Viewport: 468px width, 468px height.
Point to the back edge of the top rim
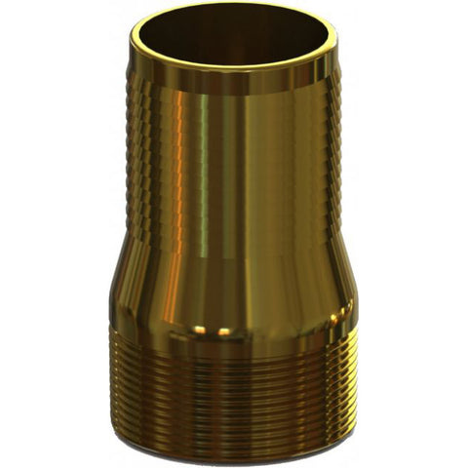234,8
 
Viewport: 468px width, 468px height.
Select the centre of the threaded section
234,390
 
